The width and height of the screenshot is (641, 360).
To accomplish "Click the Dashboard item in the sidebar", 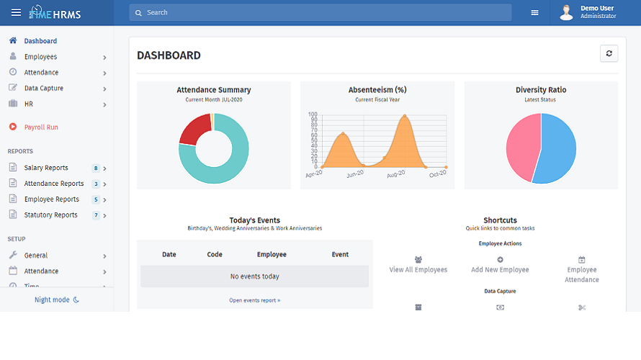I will pos(40,41).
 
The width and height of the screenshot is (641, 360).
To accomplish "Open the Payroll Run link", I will pos(41,127).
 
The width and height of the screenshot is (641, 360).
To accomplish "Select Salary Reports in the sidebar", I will pos(46,168).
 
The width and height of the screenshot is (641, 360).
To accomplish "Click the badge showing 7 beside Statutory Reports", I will pos(95,215).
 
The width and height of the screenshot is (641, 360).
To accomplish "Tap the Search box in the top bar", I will pos(320,12).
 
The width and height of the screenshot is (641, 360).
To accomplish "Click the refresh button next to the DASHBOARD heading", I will pos(609,54).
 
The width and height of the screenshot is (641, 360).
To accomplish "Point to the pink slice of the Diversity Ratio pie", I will pos(521,148).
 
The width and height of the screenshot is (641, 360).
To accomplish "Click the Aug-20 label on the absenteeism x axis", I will pos(395,174).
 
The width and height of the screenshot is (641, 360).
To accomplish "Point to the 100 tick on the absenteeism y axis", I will pos(313,114).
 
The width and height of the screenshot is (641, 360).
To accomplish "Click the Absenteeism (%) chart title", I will pos(377,90).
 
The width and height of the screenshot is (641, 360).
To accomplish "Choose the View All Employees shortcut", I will pos(418,264).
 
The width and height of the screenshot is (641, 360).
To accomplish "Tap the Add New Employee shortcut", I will pos(500,264).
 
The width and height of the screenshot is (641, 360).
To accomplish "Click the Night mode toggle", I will pos(57,300).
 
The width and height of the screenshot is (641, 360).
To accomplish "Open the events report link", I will pos(254,300).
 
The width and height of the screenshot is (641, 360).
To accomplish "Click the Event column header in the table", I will pos(340,254).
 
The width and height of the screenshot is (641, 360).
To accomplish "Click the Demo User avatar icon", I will pos(566,12).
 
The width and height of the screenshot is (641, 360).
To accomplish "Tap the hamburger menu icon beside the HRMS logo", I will pos(16,12).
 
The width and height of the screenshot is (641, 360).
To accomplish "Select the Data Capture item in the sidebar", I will pos(44,89).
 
